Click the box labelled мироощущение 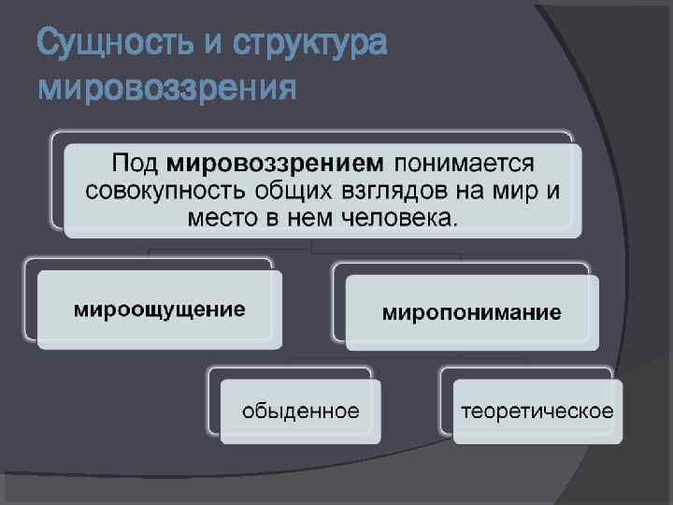coord(160,310)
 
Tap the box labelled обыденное coord(300,411)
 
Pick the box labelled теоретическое coord(537,411)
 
